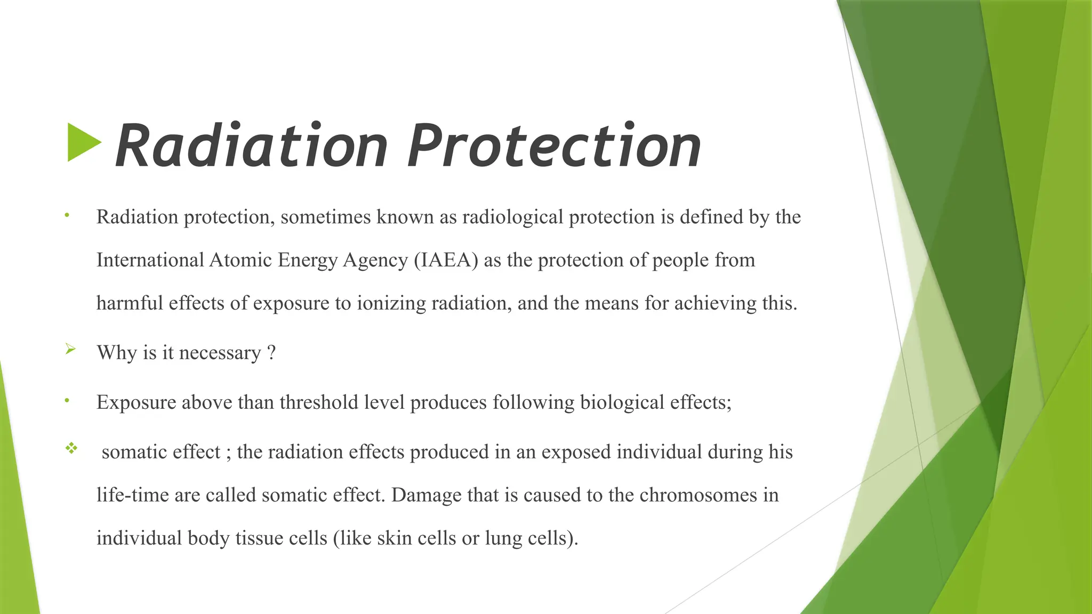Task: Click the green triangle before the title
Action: pos(83,142)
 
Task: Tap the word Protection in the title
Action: pos(555,146)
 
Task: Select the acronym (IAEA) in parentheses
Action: pos(446,260)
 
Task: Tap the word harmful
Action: pos(130,303)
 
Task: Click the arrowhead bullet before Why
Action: pos(70,350)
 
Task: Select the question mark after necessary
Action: pos(271,353)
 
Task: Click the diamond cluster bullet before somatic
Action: pos(71,448)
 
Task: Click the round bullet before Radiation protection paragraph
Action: pos(67,215)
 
